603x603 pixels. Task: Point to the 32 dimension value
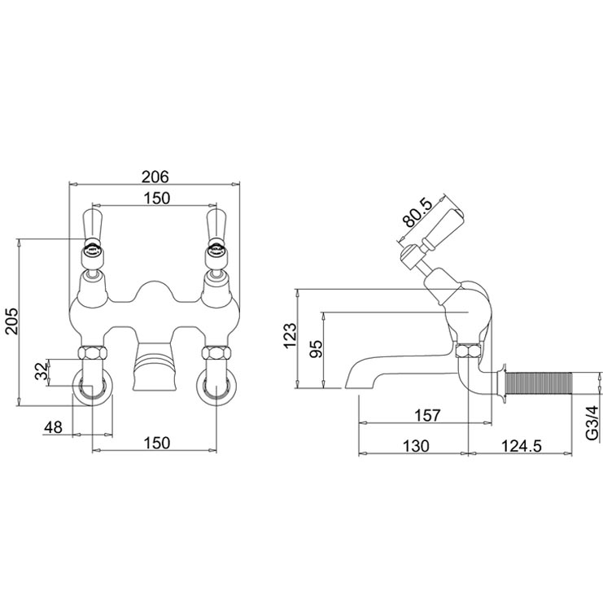click(37, 374)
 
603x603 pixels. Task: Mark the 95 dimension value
click(317, 348)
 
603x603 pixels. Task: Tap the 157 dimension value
click(426, 415)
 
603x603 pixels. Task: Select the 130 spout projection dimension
click(415, 448)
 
